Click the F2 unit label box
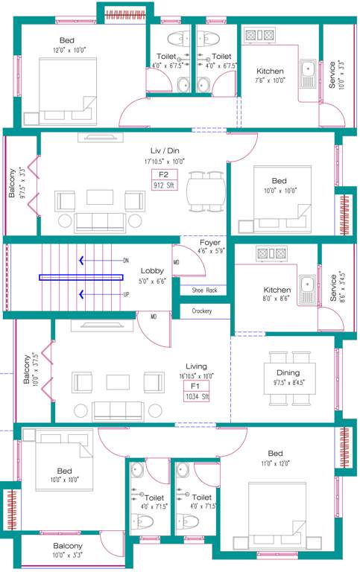163,176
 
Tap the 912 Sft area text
163,185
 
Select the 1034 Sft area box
197,397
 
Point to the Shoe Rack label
203,290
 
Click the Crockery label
201,311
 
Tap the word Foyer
209,243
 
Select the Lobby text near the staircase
152,270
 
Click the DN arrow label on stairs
126,261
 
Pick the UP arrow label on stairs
126,294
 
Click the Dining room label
288,372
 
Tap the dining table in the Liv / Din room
205,191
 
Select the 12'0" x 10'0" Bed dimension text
69,50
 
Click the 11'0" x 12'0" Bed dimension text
275,463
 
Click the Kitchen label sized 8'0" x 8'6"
277,290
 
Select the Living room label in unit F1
196,366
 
